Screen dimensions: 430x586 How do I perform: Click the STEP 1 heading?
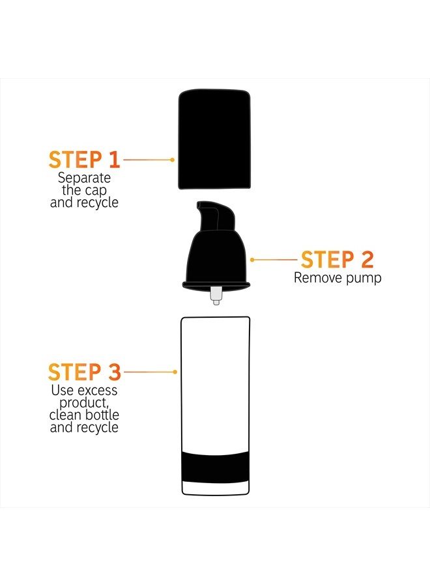coord(84,160)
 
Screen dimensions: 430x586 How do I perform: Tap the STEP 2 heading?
coord(337,259)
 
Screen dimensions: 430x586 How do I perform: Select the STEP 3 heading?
coord(85,372)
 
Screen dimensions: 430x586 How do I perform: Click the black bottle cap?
coord(214,139)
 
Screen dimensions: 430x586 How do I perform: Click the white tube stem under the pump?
coord(216,296)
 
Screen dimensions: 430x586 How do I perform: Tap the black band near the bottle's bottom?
coord(215,466)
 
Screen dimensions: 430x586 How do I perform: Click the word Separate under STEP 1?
coord(84,178)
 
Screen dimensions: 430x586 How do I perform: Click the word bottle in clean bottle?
coord(102,415)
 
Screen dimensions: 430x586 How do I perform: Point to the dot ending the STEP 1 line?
coord(172,160)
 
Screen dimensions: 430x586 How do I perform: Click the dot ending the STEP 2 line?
coord(252,259)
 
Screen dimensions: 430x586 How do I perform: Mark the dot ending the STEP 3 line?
coord(175,372)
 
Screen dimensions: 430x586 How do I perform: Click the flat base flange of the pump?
coord(216,285)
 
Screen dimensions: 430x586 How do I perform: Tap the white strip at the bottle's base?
coord(215,487)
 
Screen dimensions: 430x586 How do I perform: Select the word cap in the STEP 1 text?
coord(95,191)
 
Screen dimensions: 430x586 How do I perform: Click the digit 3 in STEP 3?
coord(115,372)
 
